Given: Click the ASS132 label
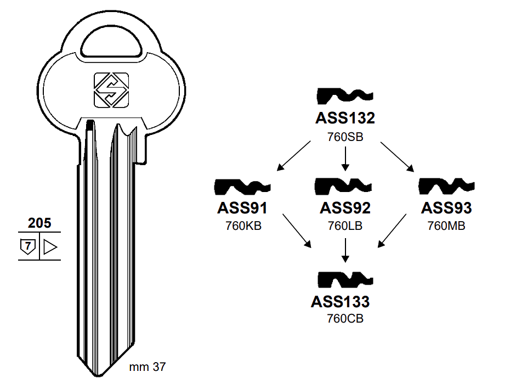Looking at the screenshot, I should pyautogui.click(x=345, y=119).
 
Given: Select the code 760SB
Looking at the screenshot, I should pyautogui.click(x=345, y=137).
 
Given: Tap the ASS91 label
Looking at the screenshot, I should pyautogui.click(x=242, y=208).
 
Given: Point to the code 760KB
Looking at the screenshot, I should pyautogui.click(x=243, y=225).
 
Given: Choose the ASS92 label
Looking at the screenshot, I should pyautogui.click(x=345, y=208).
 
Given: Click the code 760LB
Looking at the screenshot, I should pyautogui.click(x=345, y=225).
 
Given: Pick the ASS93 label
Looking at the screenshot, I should pyautogui.click(x=446, y=208).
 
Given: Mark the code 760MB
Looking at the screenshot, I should pyautogui.click(x=446, y=225).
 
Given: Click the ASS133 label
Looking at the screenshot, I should pyautogui.click(x=340, y=302).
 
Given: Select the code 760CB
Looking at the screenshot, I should pyautogui.click(x=345, y=319).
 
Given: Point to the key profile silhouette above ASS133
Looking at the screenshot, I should pyautogui.click(x=345, y=280).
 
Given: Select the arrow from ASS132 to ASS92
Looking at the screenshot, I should pyautogui.click(x=345, y=160).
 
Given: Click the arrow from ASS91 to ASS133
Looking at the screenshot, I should pyautogui.click(x=297, y=230).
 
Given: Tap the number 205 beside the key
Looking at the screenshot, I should pyautogui.click(x=39, y=223).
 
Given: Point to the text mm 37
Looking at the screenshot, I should pyautogui.click(x=147, y=367).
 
